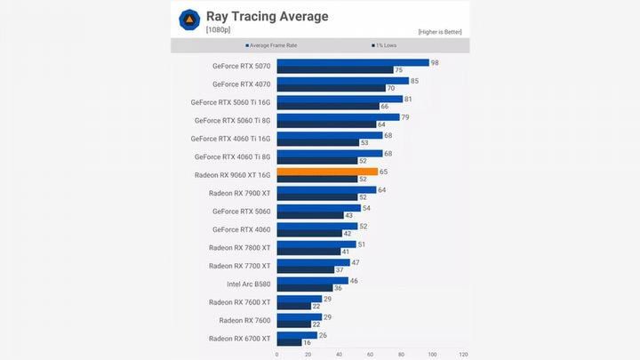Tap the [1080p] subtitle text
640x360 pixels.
(x=220, y=30)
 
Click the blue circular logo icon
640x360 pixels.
(x=189, y=20)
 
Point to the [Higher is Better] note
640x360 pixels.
(x=440, y=32)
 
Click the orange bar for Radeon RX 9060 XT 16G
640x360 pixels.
(x=327, y=172)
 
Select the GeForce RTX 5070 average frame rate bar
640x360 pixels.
(x=353, y=62)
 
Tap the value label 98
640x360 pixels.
(x=436, y=62)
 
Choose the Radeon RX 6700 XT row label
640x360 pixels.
(x=240, y=339)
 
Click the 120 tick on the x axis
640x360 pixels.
(x=463, y=354)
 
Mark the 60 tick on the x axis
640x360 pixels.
(x=370, y=354)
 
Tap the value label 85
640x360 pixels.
(x=415, y=81)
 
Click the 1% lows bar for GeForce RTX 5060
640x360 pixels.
(x=310, y=215)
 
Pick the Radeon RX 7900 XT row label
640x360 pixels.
(x=240, y=193)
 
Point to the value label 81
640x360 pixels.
(x=409, y=99)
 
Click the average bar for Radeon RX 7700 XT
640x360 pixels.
(x=313, y=262)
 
